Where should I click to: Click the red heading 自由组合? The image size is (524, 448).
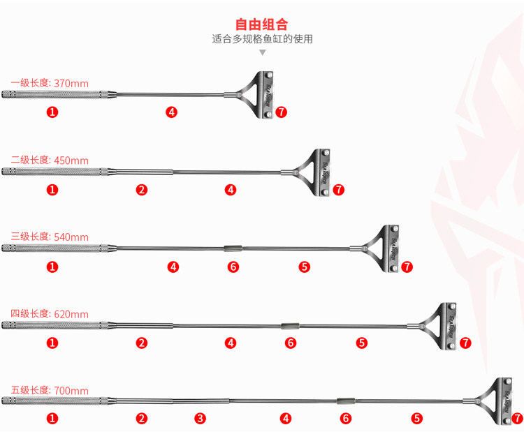[x=261, y=24]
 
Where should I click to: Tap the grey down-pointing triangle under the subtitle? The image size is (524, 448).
[x=263, y=52]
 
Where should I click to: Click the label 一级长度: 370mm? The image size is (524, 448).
[x=50, y=83]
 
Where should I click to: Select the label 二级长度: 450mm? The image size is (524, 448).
[x=50, y=160]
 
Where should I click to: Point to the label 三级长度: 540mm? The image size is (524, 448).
[x=50, y=237]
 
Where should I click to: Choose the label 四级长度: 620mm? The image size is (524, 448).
[x=50, y=314]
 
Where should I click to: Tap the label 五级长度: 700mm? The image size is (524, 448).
[x=50, y=390]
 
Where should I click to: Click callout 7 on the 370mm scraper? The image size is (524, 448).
[x=282, y=112]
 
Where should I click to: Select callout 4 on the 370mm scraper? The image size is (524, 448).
[x=171, y=112]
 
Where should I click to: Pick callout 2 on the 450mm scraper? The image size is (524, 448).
[x=142, y=190]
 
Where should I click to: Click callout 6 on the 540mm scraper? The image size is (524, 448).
[x=233, y=267]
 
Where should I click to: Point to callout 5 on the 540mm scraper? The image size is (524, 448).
[x=305, y=267]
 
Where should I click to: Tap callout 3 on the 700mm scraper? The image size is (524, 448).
[x=201, y=419]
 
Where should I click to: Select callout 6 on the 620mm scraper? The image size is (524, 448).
[x=291, y=343]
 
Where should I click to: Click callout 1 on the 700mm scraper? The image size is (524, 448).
[x=52, y=419]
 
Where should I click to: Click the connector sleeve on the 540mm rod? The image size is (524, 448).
[x=233, y=248]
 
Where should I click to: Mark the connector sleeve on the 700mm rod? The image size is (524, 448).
[x=346, y=401]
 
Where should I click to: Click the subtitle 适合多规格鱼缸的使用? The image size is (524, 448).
[x=262, y=39]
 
